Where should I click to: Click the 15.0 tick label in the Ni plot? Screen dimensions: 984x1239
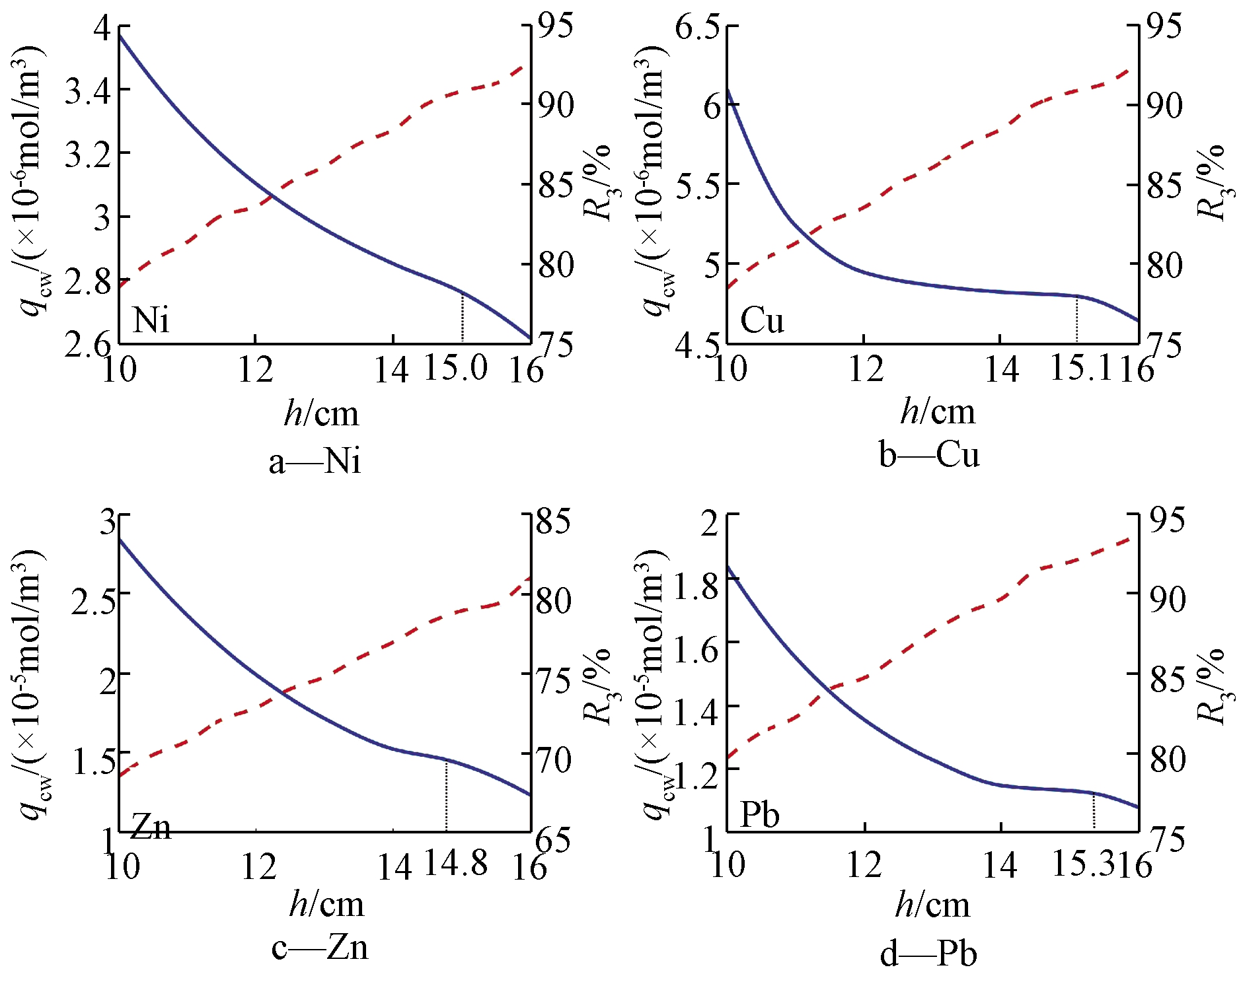[455, 367]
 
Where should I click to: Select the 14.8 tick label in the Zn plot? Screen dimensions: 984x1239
[455, 862]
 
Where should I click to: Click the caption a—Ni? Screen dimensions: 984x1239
[315, 460]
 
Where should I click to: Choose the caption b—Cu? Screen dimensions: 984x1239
[928, 455]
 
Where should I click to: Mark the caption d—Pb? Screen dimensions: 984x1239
[928, 954]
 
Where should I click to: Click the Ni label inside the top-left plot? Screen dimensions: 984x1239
[151, 320]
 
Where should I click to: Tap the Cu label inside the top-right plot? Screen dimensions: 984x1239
[762, 320]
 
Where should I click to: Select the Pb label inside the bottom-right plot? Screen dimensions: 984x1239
[759, 814]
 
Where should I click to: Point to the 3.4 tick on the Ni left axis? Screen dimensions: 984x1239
[88, 91]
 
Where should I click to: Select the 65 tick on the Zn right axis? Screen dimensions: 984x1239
[552, 839]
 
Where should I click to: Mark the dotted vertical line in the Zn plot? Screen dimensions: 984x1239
[447, 796]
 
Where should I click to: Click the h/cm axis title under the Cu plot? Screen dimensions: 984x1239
[937, 411]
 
